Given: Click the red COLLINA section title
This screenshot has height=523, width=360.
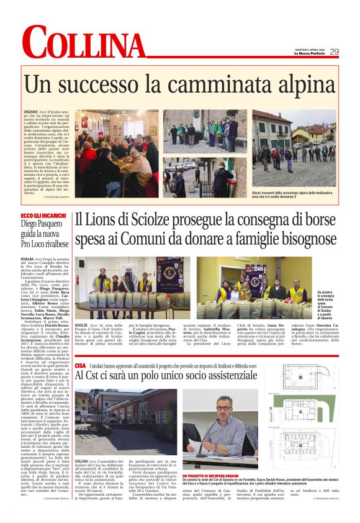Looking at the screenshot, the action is coord(83,44).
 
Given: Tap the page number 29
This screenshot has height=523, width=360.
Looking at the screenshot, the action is coord(333,52).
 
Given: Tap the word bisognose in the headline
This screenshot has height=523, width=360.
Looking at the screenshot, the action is coord(285,239).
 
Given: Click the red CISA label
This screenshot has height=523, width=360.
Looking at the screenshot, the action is coord(80,350).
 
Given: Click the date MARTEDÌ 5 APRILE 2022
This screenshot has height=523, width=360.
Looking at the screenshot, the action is coord(307,49).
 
